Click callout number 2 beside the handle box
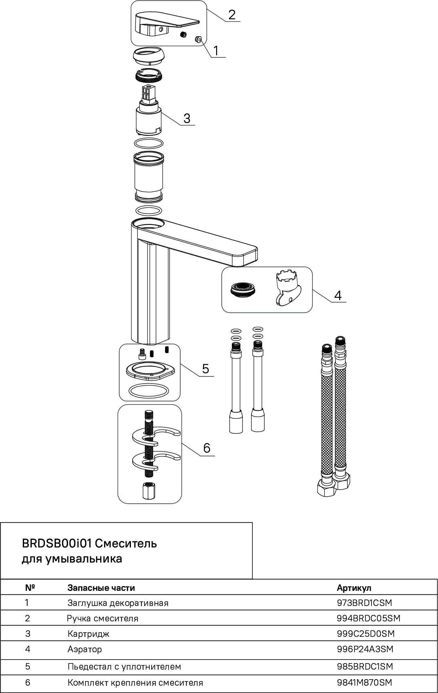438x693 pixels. (x=232, y=15)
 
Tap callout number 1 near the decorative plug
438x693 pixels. (x=216, y=51)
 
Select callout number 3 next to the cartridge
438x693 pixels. (x=187, y=118)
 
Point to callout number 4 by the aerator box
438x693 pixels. (x=338, y=295)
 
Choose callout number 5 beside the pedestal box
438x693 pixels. (x=206, y=369)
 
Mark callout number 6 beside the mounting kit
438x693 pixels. (x=207, y=448)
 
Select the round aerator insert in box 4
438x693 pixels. (x=243, y=289)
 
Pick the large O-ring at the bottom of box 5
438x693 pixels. (x=148, y=391)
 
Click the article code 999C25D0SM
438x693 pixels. (x=365, y=634)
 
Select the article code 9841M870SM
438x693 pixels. (x=364, y=682)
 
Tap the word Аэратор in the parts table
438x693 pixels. (x=85, y=649)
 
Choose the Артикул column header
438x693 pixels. (x=354, y=588)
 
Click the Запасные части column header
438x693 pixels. (x=101, y=588)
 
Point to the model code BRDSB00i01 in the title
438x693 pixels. (x=57, y=544)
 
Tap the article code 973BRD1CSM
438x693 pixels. (x=364, y=603)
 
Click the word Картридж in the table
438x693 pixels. (x=88, y=634)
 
